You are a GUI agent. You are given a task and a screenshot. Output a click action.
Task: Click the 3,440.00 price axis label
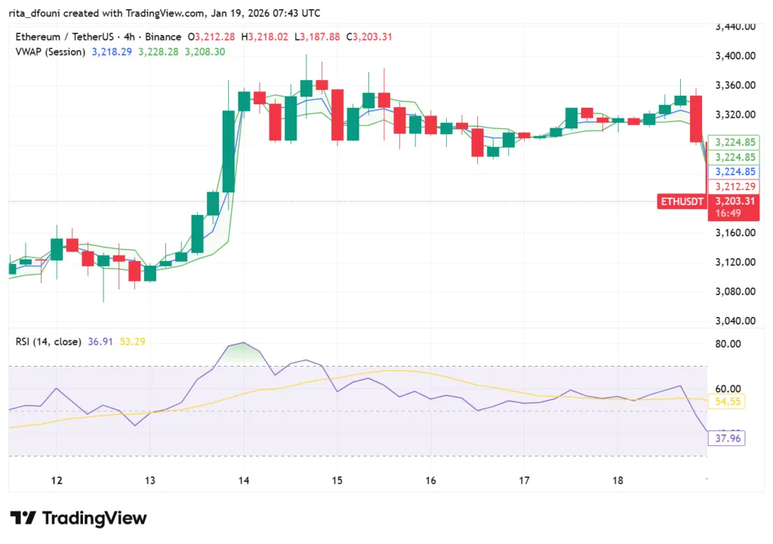click(736, 26)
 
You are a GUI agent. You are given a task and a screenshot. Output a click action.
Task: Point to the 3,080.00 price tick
click(736, 291)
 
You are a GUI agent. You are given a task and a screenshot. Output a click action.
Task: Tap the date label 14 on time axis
click(244, 481)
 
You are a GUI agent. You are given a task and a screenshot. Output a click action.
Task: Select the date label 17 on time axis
click(524, 481)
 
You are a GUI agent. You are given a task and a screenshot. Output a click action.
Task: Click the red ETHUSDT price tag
click(682, 201)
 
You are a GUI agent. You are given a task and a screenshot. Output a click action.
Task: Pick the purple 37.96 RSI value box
click(726, 438)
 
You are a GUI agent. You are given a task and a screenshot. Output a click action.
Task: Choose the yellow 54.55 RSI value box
click(726, 402)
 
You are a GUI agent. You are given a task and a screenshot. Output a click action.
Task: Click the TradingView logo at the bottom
click(79, 518)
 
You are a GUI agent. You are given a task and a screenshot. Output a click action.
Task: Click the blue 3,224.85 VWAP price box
click(735, 172)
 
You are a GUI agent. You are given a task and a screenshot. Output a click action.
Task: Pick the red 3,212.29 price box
click(735, 186)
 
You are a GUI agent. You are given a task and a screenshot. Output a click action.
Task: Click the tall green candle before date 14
click(229, 151)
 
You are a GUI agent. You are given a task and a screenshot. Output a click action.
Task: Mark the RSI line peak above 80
click(242, 343)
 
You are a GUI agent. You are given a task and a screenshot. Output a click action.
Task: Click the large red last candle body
click(696, 118)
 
